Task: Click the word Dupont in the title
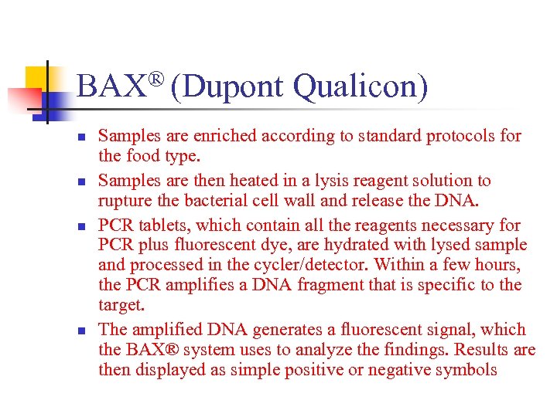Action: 235,87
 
